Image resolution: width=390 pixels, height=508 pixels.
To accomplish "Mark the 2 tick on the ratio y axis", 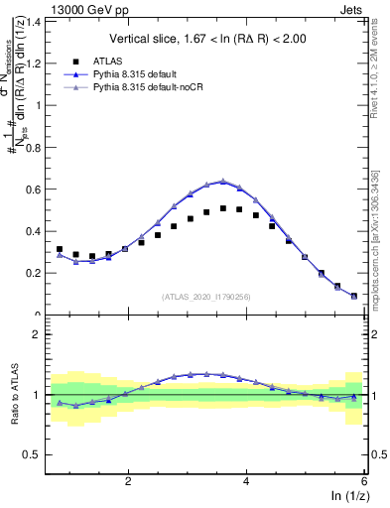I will coord(38,334).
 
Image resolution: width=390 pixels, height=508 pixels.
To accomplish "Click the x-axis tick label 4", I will coord(246,482).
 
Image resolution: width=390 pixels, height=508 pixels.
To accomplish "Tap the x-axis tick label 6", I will coord(364,482).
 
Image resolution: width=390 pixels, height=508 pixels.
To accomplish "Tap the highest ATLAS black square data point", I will coord(223,208).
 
